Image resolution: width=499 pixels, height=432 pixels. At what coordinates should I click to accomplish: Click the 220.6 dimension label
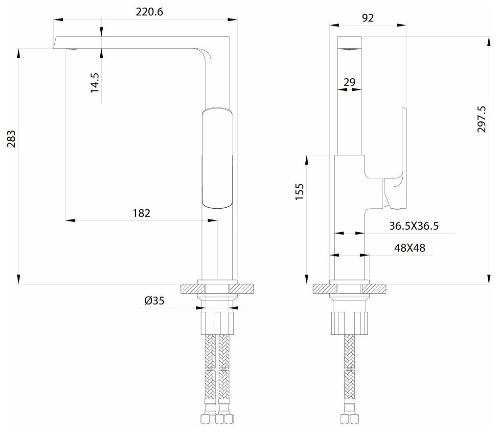point(149,12)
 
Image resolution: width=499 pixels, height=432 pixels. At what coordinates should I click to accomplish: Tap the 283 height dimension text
point(11,139)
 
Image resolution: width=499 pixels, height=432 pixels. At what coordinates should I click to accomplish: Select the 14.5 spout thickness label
point(95,83)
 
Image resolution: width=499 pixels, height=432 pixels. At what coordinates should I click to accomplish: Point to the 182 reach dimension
point(141,213)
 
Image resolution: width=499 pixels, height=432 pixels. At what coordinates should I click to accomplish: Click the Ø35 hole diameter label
point(154,301)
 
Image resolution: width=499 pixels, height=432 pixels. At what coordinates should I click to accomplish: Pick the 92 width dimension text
point(368,18)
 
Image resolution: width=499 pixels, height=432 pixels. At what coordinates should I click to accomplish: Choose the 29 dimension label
point(349,82)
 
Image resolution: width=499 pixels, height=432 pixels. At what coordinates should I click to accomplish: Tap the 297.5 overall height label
point(482,119)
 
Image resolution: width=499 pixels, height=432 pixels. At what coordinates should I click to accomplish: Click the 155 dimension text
point(300,192)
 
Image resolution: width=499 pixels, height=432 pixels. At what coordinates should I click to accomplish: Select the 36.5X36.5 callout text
point(414,226)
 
